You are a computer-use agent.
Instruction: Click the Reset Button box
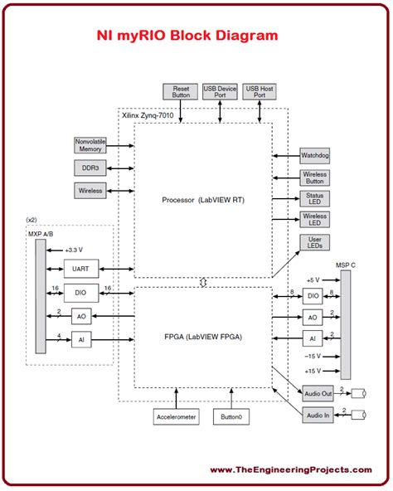click(x=181, y=91)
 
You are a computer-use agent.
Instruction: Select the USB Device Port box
click(x=220, y=91)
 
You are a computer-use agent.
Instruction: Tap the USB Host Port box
click(x=260, y=91)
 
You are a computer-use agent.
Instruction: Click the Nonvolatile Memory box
click(x=90, y=146)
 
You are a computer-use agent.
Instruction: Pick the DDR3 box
click(x=90, y=168)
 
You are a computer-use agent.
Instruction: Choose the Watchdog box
click(x=315, y=156)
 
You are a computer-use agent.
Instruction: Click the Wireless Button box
click(x=315, y=178)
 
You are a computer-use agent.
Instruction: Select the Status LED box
click(x=315, y=200)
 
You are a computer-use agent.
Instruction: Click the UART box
click(x=81, y=268)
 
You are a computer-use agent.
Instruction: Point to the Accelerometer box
click(x=176, y=416)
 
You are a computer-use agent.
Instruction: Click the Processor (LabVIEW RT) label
click(x=203, y=201)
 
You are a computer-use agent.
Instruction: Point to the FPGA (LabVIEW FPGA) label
click(x=203, y=338)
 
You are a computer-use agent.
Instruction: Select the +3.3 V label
click(x=76, y=248)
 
